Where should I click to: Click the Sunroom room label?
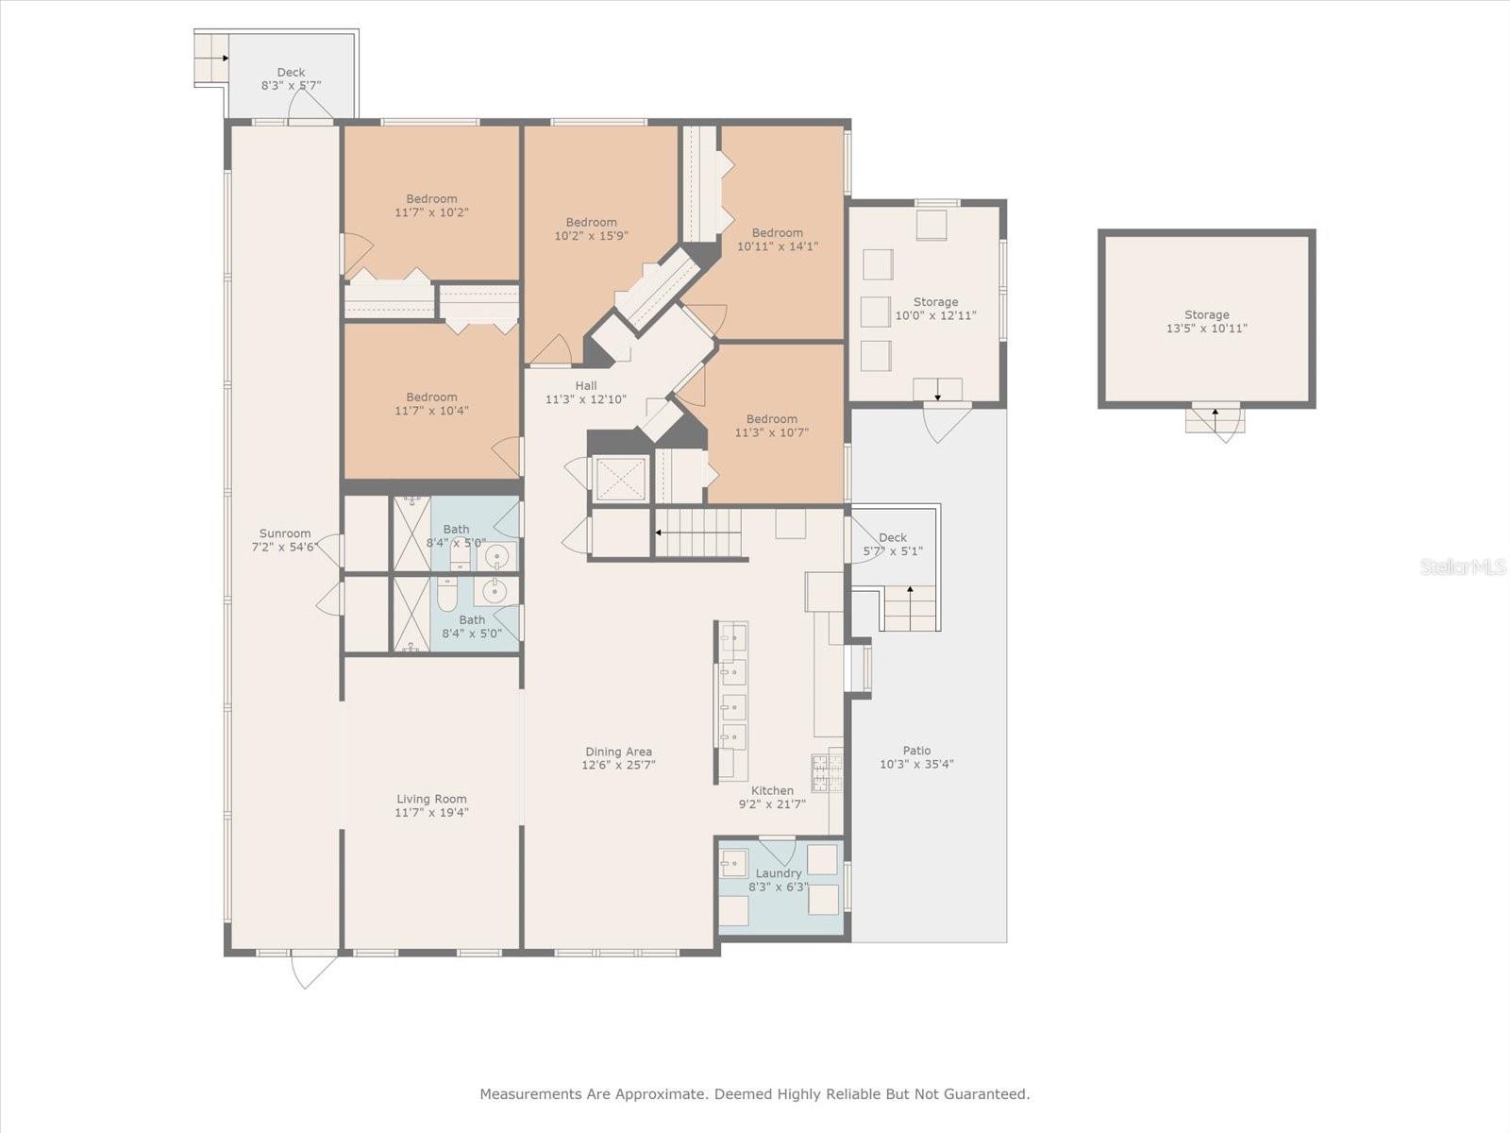285,533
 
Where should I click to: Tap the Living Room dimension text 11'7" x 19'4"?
432,812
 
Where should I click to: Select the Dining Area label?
618,752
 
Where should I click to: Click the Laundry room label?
779,873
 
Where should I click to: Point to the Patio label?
916,751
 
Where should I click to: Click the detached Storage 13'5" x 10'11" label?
1207,315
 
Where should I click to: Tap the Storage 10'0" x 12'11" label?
935,302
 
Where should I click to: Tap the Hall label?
586,385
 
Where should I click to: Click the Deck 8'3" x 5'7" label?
291,73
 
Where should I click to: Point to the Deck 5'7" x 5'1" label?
892,537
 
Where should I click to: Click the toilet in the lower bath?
447,592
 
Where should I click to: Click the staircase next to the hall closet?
698,533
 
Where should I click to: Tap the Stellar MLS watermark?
1463,566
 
